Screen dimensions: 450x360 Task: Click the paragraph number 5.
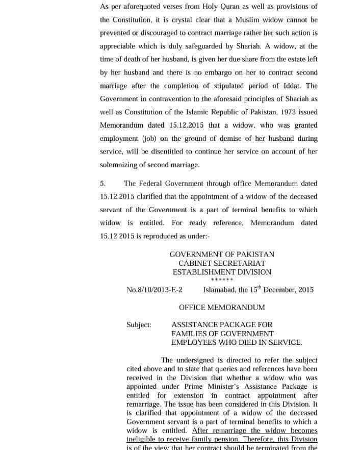pyautogui.click(x=102, y=183)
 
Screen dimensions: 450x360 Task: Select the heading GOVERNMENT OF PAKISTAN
pyautogui.click(x=222, y=254)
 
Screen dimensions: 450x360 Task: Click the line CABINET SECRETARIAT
pyautogui.click(x=222, y=263)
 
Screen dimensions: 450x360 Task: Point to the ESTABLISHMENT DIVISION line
pyautogui.click(x=222, y=272)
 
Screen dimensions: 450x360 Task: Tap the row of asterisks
pyautogui.click(x=222, y=280)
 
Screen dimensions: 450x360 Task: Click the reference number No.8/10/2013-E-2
pyautogui.click(x=155, y=290)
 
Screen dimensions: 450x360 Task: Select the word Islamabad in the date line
pyautogui.click(x=219, y=290)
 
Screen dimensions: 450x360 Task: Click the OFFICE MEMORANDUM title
pyautogui.click(x=222, y=307)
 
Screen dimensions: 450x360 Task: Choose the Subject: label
pyautogui.click(x=139, y=324)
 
